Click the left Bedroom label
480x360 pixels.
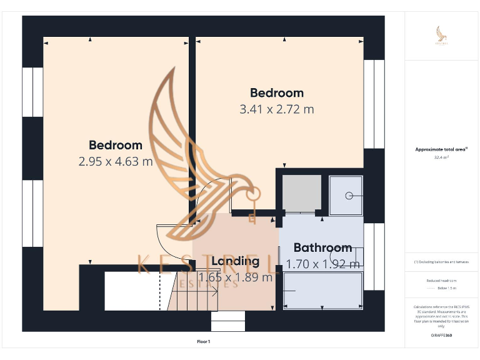pyautogui.click(x=116, y=145)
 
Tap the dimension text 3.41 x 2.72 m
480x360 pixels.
pyautogui.click(x=277, y=109)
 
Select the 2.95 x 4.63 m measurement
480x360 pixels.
pyautogui.click(x=116, y=161)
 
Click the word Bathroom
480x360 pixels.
pyautogui.click(x=322, y=247)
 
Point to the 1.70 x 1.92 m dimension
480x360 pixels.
pyautogui.click(x=322, y=264)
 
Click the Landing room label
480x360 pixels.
pyautogui.click(x=235, y=261)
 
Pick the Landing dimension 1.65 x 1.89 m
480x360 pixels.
pyautogui.click(x=235, y=277)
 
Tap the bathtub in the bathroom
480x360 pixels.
pyautogui.click(x=322, y=291)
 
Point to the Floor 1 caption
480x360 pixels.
pyautogui.click(x=204, y=341)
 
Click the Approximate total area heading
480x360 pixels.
pyautogui.click(x=441, y=149)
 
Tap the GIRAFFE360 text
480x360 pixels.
pyautogui.click(x=442, y=336)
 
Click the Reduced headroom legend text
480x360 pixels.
pyautogui.click(x=442, y=281)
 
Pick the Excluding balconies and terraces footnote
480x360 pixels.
pyautogui.click(x=442, y=261)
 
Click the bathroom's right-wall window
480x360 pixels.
pyautogui.click(x=374, y=256)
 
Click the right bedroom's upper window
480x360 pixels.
pyautogui.click(x=374, y=104)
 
